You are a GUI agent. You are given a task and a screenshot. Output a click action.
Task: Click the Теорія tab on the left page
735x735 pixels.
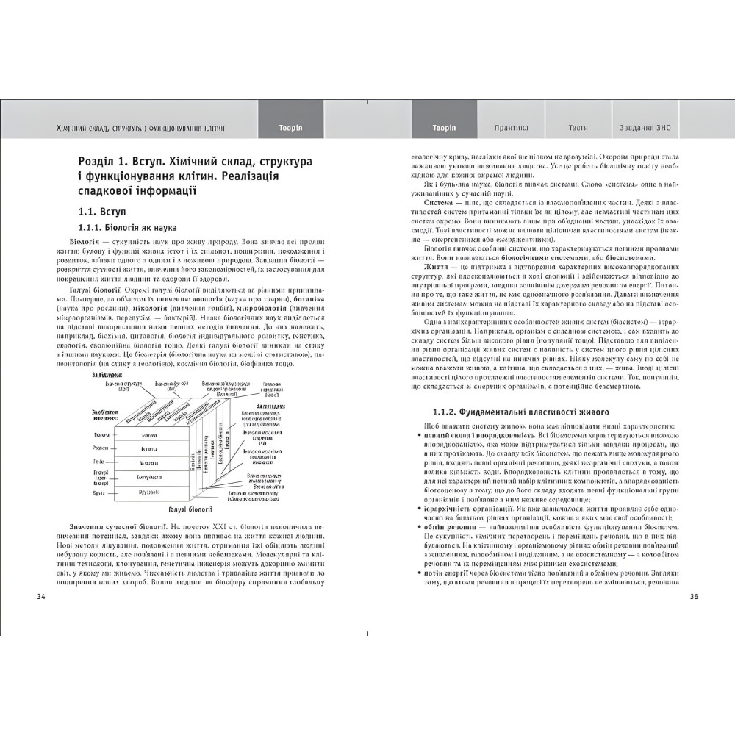(290, 128)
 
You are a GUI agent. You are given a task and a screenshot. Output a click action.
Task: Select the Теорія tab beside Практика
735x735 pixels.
(444, 128)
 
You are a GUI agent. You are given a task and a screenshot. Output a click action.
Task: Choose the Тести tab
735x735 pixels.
(578, 128)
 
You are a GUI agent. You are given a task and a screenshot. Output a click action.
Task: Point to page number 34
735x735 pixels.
(41, 596)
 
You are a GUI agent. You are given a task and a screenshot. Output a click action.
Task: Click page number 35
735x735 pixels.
(694, 596)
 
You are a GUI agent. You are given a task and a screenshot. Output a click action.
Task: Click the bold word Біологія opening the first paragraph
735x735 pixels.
(85, 242)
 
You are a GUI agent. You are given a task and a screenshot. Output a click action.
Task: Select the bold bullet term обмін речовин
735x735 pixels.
(448, 527)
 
